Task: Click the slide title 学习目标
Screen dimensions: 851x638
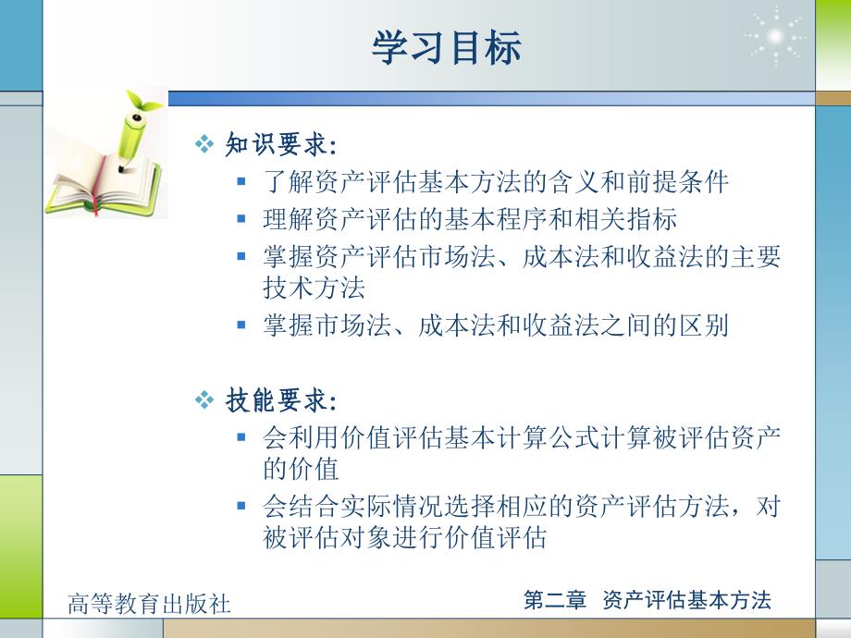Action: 447,48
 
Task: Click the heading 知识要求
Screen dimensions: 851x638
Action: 277,144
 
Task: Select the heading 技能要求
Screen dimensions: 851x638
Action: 277,401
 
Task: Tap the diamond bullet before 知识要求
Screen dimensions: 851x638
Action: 204,143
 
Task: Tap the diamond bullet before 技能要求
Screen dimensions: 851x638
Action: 204,400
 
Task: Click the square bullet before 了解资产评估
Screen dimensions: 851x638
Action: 241,182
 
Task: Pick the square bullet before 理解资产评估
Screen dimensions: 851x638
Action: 241,219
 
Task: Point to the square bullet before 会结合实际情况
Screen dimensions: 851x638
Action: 241,506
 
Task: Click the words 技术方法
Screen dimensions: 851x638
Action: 314,288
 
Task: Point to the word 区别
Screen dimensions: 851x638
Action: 703,325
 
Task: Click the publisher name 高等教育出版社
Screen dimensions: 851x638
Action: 149,604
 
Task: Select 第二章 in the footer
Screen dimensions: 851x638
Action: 555,600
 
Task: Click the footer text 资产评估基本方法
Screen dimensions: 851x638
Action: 686,600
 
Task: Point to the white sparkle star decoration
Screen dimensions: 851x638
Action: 775,36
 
